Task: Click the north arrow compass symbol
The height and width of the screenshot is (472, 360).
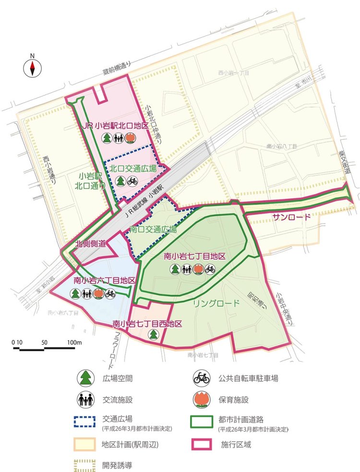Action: coord(32,68)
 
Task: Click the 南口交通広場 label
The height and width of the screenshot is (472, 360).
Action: coord(153,230)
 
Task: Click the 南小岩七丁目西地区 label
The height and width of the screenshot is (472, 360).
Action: coord(147,324)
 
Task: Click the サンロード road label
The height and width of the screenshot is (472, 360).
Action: coord(291,217)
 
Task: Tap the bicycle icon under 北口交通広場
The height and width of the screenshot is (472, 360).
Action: coord(133,181)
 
